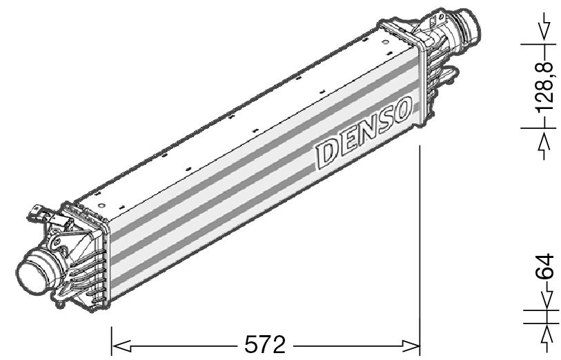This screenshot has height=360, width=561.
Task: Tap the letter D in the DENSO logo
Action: point(330,152)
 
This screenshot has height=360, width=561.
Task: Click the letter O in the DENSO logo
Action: point(401,110)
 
